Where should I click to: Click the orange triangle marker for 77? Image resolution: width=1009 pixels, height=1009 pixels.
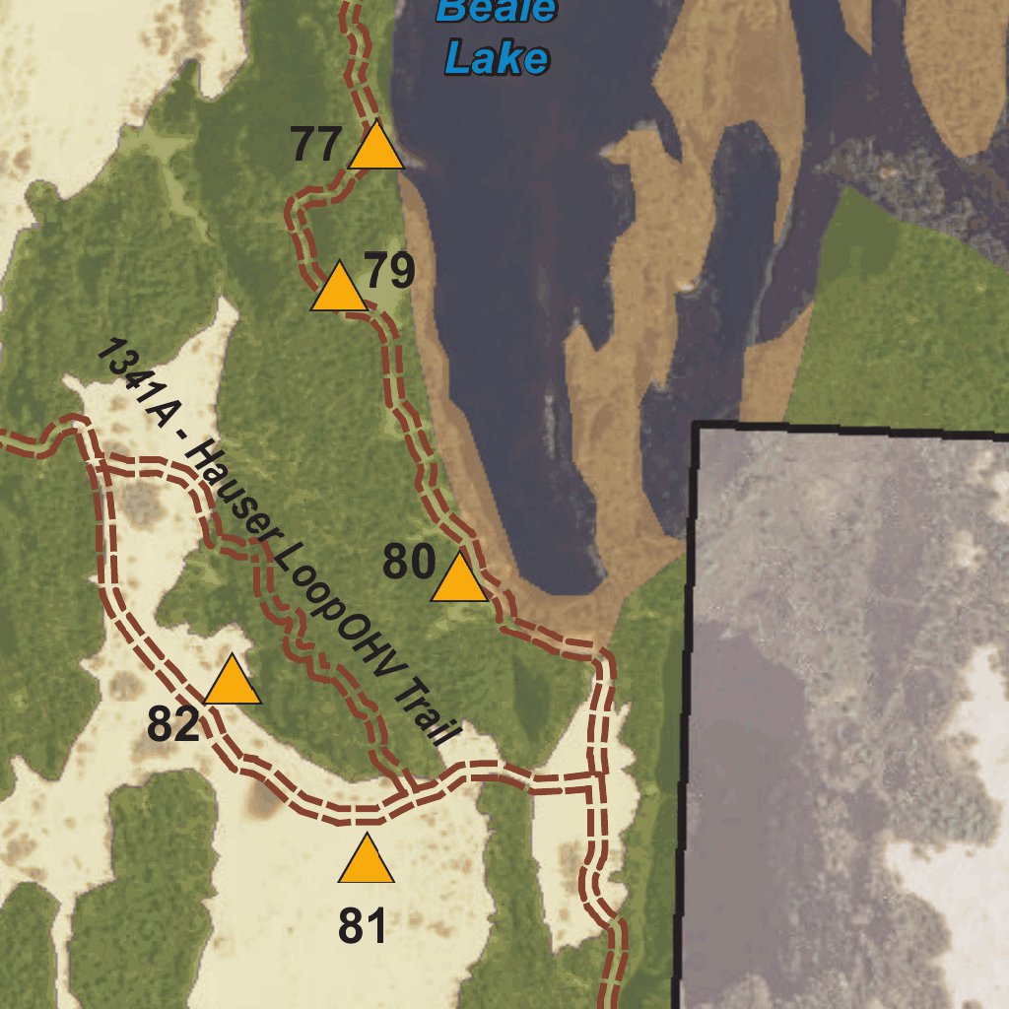coord(375,148)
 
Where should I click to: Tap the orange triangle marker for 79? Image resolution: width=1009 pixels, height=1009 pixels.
coord(339,289)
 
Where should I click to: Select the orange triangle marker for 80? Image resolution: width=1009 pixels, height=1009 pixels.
coord(459,579)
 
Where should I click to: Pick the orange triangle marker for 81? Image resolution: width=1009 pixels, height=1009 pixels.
coord(366,861)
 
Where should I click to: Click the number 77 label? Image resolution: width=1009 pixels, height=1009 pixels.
coord(316,146)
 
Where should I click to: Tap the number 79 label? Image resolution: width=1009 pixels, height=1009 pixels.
coord(390,271)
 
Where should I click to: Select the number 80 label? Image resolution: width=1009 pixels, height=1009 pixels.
coord(409,563)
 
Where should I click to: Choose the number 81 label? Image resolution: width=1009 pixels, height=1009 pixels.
coord(364,926)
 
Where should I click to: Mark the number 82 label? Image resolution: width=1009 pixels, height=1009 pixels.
coord(173,726)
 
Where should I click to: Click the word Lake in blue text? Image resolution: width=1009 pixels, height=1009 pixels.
coord(496,59)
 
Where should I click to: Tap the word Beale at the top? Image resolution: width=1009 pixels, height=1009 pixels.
coord(498,10)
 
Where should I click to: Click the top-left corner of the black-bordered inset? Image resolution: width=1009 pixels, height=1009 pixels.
coord(697,425)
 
